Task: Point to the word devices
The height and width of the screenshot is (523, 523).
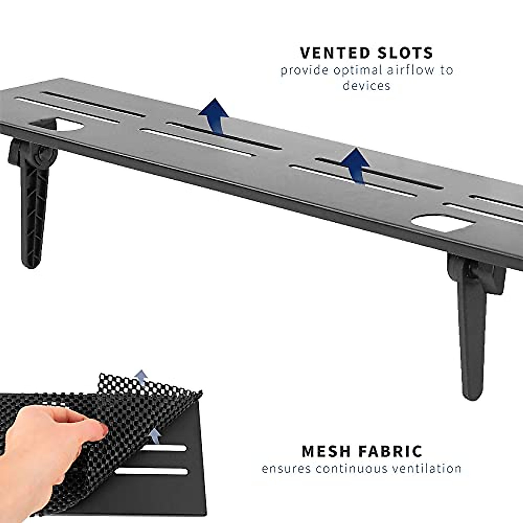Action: coord(366,85)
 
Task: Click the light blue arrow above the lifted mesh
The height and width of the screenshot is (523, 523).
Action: coord(140,378)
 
